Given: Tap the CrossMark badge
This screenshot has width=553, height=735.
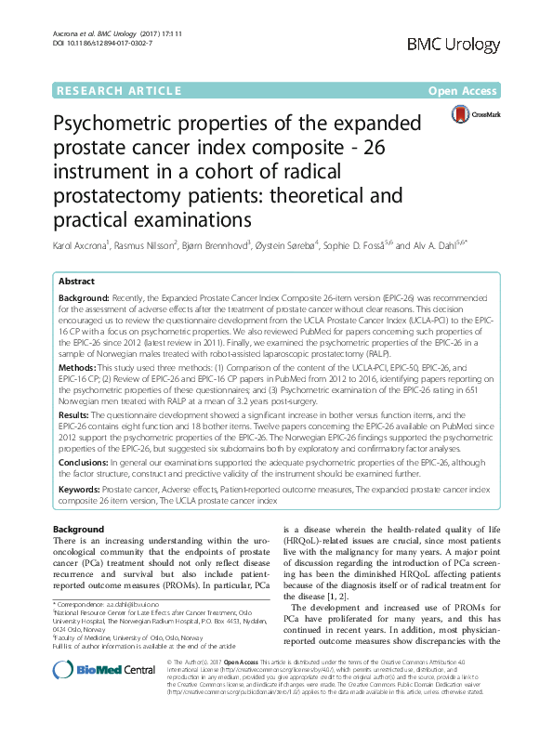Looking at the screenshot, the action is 475,115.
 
